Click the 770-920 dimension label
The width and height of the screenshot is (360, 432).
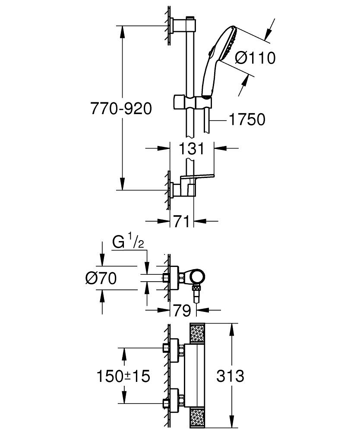pyautogui.click(x=121, y=108)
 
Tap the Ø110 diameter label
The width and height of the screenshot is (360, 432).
pyautogui.click(x=255, y=58)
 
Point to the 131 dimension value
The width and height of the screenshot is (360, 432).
pyautogui.click(x=192, y=149)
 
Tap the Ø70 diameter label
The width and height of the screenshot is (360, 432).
pyautogui.click(x=101, y=279)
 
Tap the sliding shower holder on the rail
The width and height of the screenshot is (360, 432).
pyautogui.click(x=193, y=102)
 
